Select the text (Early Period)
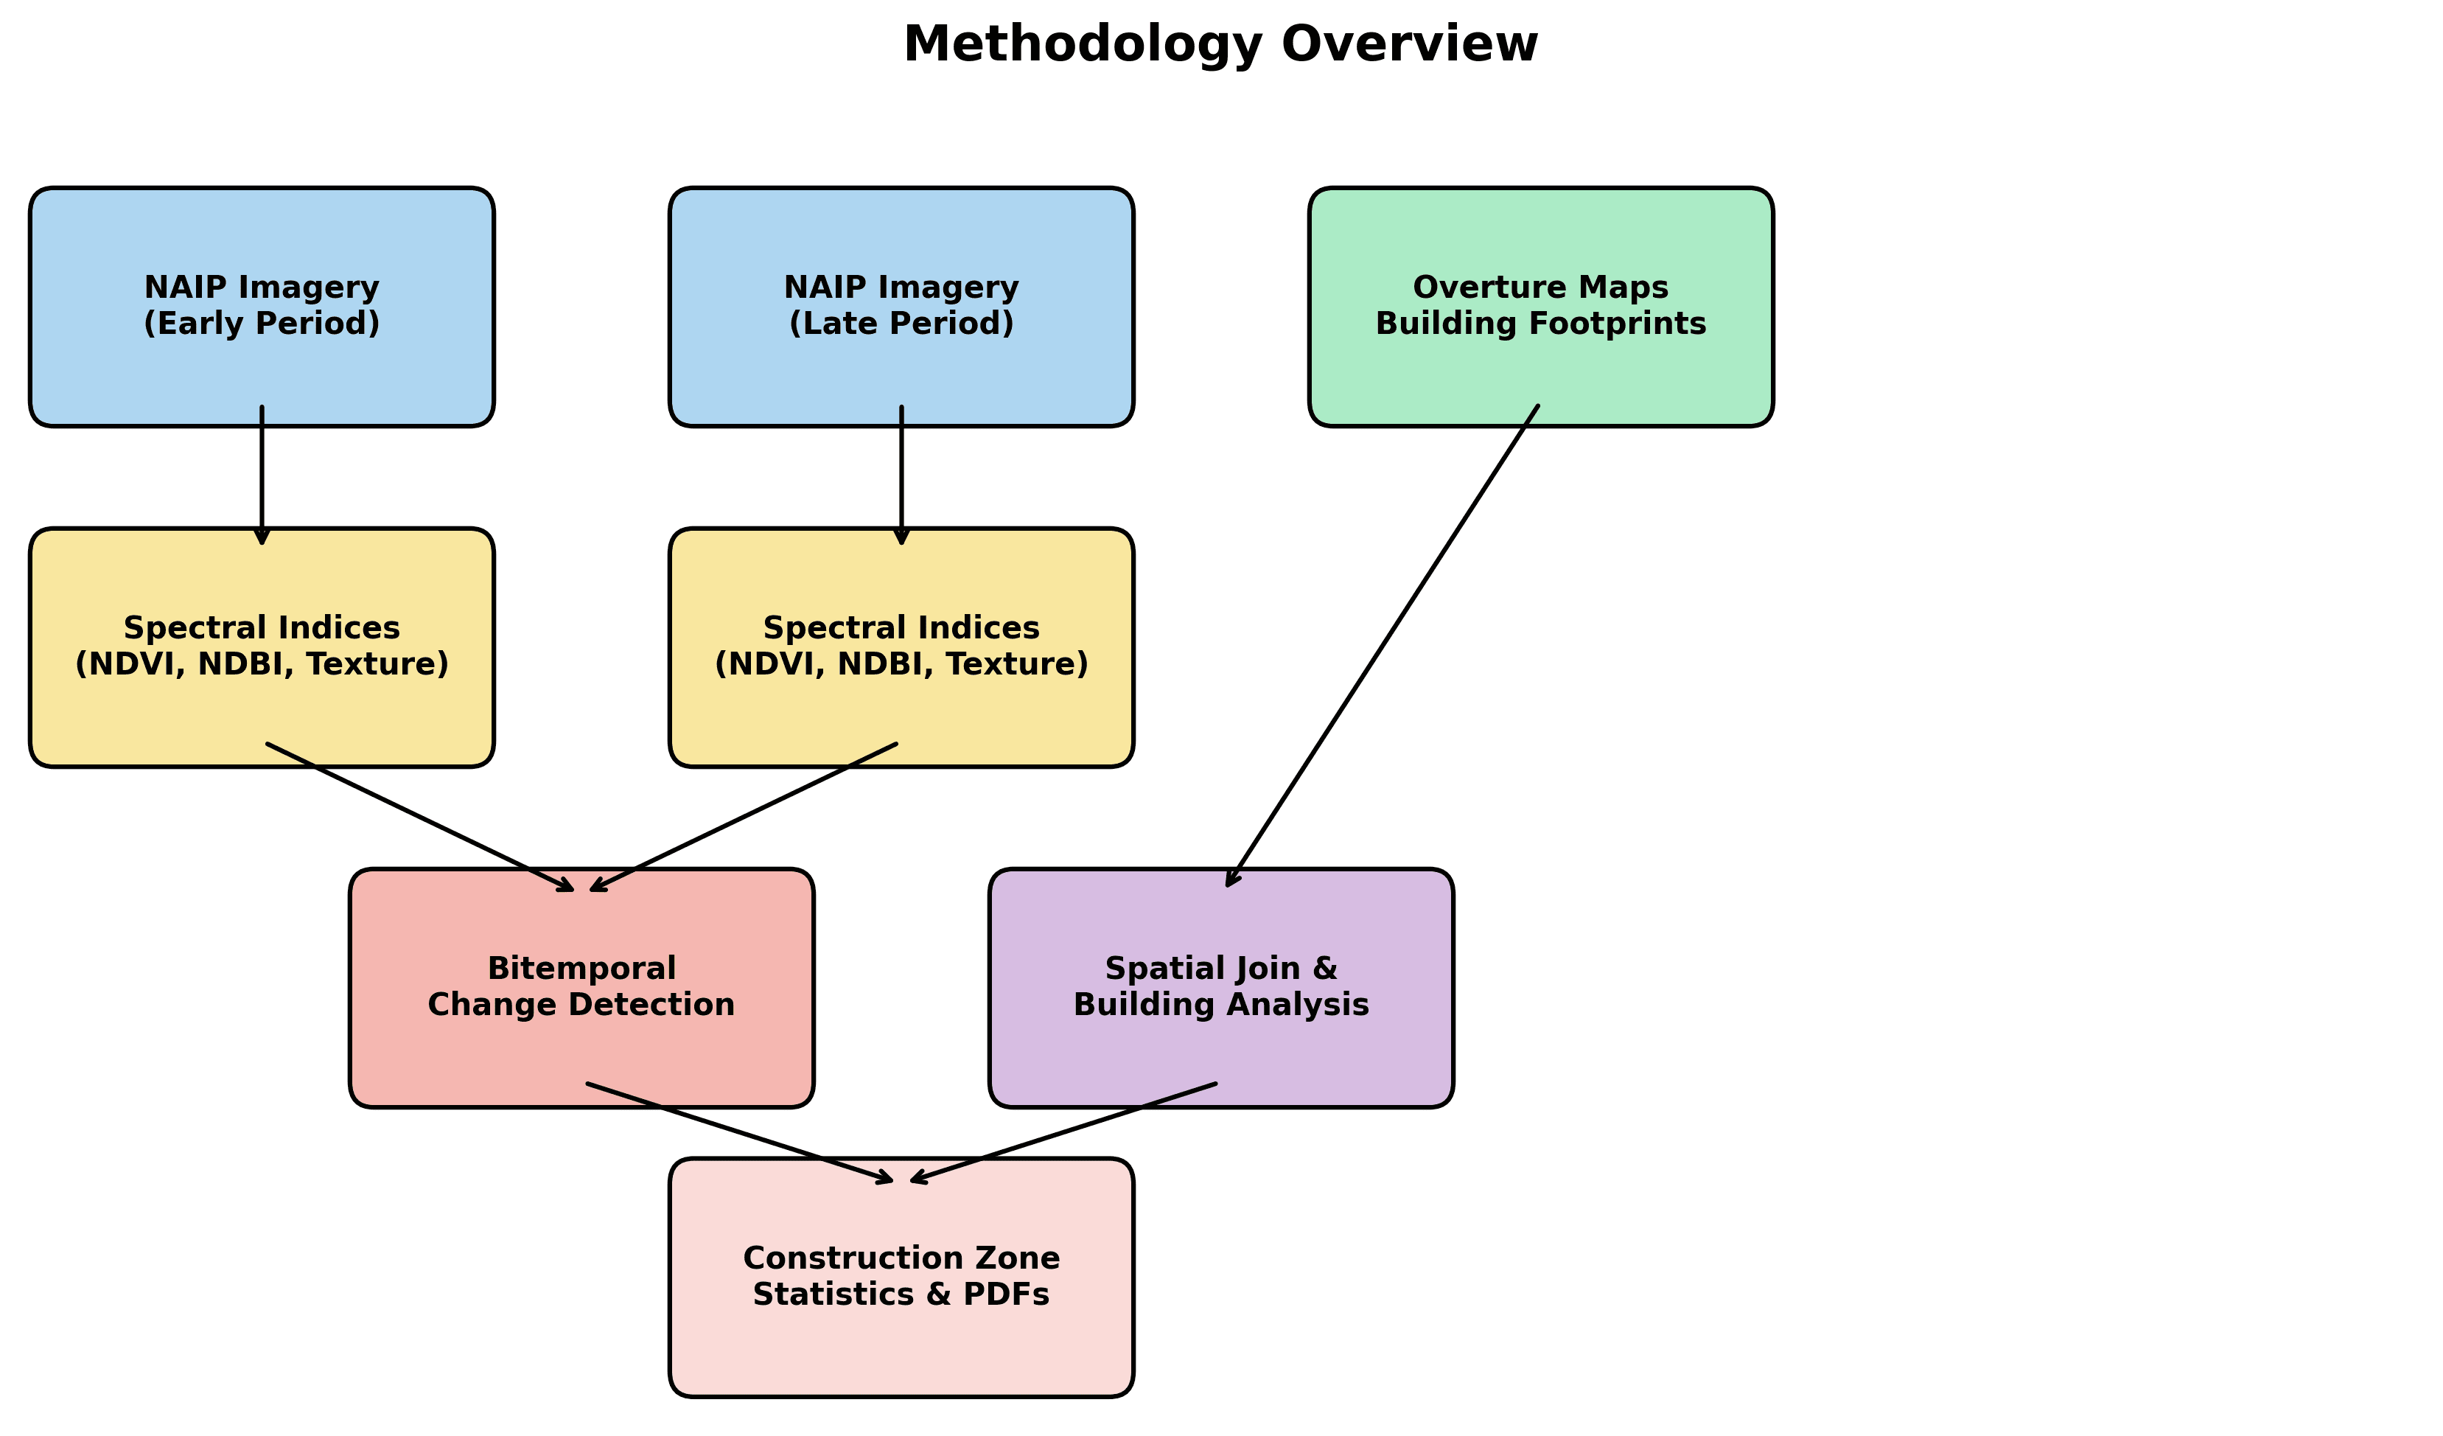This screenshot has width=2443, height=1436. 262,324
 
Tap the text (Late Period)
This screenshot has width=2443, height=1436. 901,324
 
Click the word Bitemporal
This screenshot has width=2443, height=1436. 581,969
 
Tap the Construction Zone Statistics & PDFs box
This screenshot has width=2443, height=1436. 901,1348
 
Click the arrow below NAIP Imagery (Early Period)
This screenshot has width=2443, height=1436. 262,475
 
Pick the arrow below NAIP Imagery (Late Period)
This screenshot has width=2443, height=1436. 901,475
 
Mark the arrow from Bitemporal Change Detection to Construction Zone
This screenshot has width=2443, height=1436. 737,1132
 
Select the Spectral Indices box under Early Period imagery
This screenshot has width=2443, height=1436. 262,717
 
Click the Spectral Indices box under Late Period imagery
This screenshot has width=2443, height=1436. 901,717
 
